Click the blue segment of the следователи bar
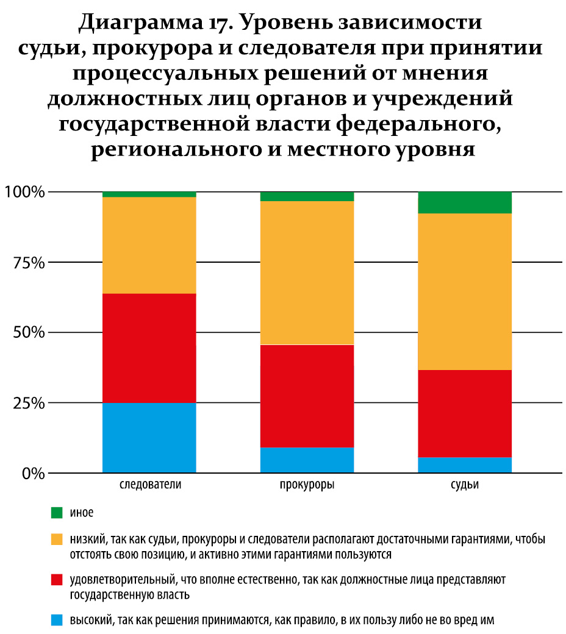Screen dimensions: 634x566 pos(149,437)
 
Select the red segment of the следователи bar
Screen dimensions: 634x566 pos(149,348)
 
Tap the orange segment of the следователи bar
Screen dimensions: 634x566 pos(149,245)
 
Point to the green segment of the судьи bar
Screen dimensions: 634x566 pos(464,202)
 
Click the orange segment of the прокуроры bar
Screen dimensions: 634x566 pos(307,272)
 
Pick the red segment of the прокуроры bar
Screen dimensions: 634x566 pos(307,396)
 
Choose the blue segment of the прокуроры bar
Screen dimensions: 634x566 pos(307,460)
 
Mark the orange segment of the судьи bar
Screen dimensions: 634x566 pos(464,291)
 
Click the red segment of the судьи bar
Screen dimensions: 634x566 pos(464,413)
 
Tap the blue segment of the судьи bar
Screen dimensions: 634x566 pos(464,465)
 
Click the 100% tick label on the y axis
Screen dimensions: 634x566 pos(24,193)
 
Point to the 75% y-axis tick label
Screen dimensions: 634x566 pos(28,263)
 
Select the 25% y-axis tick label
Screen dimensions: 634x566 pos(28,403)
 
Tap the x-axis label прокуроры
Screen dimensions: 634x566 pos(307,486)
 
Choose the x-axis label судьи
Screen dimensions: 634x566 pos(464,486)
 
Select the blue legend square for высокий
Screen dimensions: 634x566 pos(57,620)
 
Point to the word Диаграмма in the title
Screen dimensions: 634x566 pos(141,24)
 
